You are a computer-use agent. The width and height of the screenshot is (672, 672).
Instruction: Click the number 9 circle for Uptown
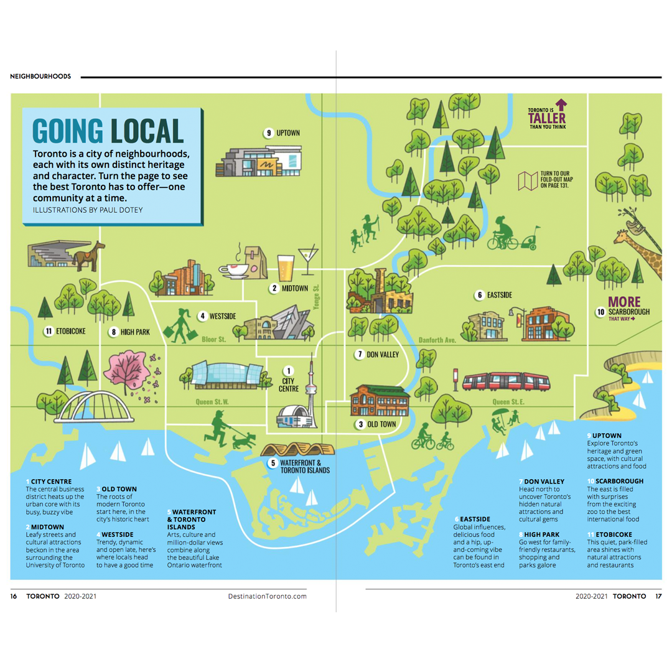pos(269,133)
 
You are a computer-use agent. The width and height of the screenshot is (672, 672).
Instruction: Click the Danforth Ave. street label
pos(437,340)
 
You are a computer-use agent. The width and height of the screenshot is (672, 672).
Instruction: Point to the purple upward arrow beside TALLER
pos(561,103)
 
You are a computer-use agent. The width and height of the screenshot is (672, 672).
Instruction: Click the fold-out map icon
pos(528,180)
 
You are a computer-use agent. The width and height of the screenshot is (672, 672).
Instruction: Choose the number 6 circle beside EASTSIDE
pos(480,294)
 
